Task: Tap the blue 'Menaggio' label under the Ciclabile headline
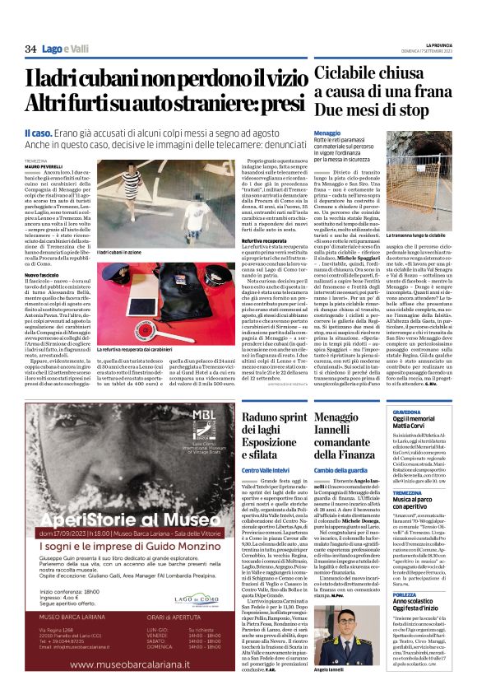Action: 326,133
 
